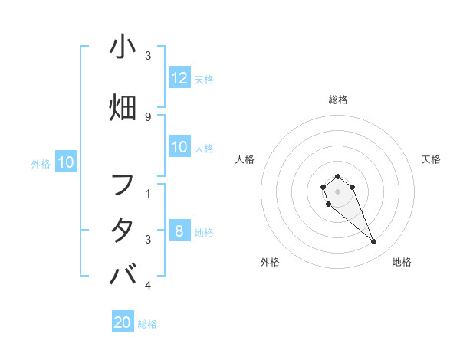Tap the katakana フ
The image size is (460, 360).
click(x=123, y=186)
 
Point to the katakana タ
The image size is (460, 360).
click(x=123, y=231)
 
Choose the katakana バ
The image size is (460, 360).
click(x=123, y=274)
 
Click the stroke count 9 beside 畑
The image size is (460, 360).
click(x=147, y=116)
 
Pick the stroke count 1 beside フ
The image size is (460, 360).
click(x=147, y=193)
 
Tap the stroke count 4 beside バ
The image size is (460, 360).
click(x=147, y=286)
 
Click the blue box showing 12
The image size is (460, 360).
click(x=179, y=78)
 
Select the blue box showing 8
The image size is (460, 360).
click(x=179, y=231)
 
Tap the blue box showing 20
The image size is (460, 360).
click(x=123, y=322)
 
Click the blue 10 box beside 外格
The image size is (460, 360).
click(x=65, y=162)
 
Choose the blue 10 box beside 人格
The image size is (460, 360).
click(x=179, y=148)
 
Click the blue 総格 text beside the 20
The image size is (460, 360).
click(x=148, y=324)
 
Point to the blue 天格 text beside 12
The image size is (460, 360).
click(x=204, y=80)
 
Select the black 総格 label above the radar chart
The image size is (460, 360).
click(x=338, y=100)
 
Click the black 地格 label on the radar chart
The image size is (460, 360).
click(x=402, y=262)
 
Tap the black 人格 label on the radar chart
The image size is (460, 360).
click(x=245, y=159)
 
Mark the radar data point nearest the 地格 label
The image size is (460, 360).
click(x=374, y=242)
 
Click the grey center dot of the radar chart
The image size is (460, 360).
click(x=338, y=191)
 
